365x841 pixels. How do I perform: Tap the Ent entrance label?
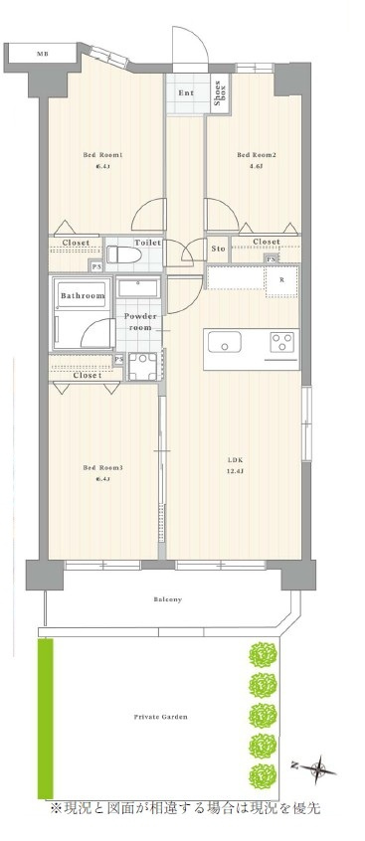[186, 93]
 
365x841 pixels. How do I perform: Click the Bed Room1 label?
[101, 155]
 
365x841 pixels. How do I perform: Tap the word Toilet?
[148, 242]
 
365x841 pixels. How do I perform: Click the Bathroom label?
[83, 296]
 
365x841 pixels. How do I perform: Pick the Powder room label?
[138, 322]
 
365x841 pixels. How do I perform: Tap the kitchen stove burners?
[281, 344]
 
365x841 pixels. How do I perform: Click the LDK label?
[236, 459]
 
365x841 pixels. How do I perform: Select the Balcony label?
[168, 599]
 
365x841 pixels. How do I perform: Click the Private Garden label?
[160, 716]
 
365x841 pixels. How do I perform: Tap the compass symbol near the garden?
[317, 766]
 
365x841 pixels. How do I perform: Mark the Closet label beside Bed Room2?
[266, 242]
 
